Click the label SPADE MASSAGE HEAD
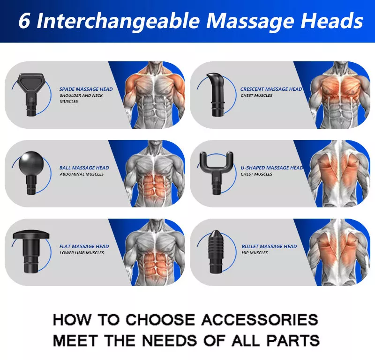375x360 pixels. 86,89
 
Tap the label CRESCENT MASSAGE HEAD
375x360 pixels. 271,89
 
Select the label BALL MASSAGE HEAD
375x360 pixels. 84,168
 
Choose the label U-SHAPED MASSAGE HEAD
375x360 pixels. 271,168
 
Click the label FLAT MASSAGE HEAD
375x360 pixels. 84,246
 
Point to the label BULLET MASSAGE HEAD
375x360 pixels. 269,246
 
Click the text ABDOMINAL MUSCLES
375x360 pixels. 82,174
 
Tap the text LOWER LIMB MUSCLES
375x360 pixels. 82,253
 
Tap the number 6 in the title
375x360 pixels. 24,21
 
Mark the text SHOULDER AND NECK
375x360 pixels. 81,96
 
